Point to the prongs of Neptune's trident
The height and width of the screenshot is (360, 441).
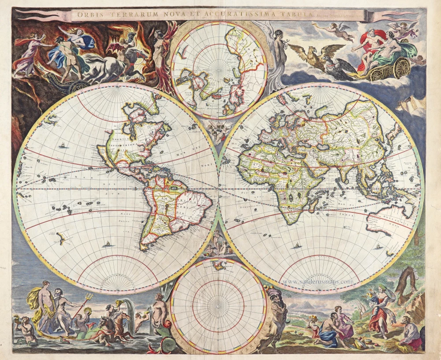(88, 297)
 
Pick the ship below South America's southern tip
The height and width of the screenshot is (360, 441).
(106, 244)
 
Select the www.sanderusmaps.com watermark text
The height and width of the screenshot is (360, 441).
(317, 281)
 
